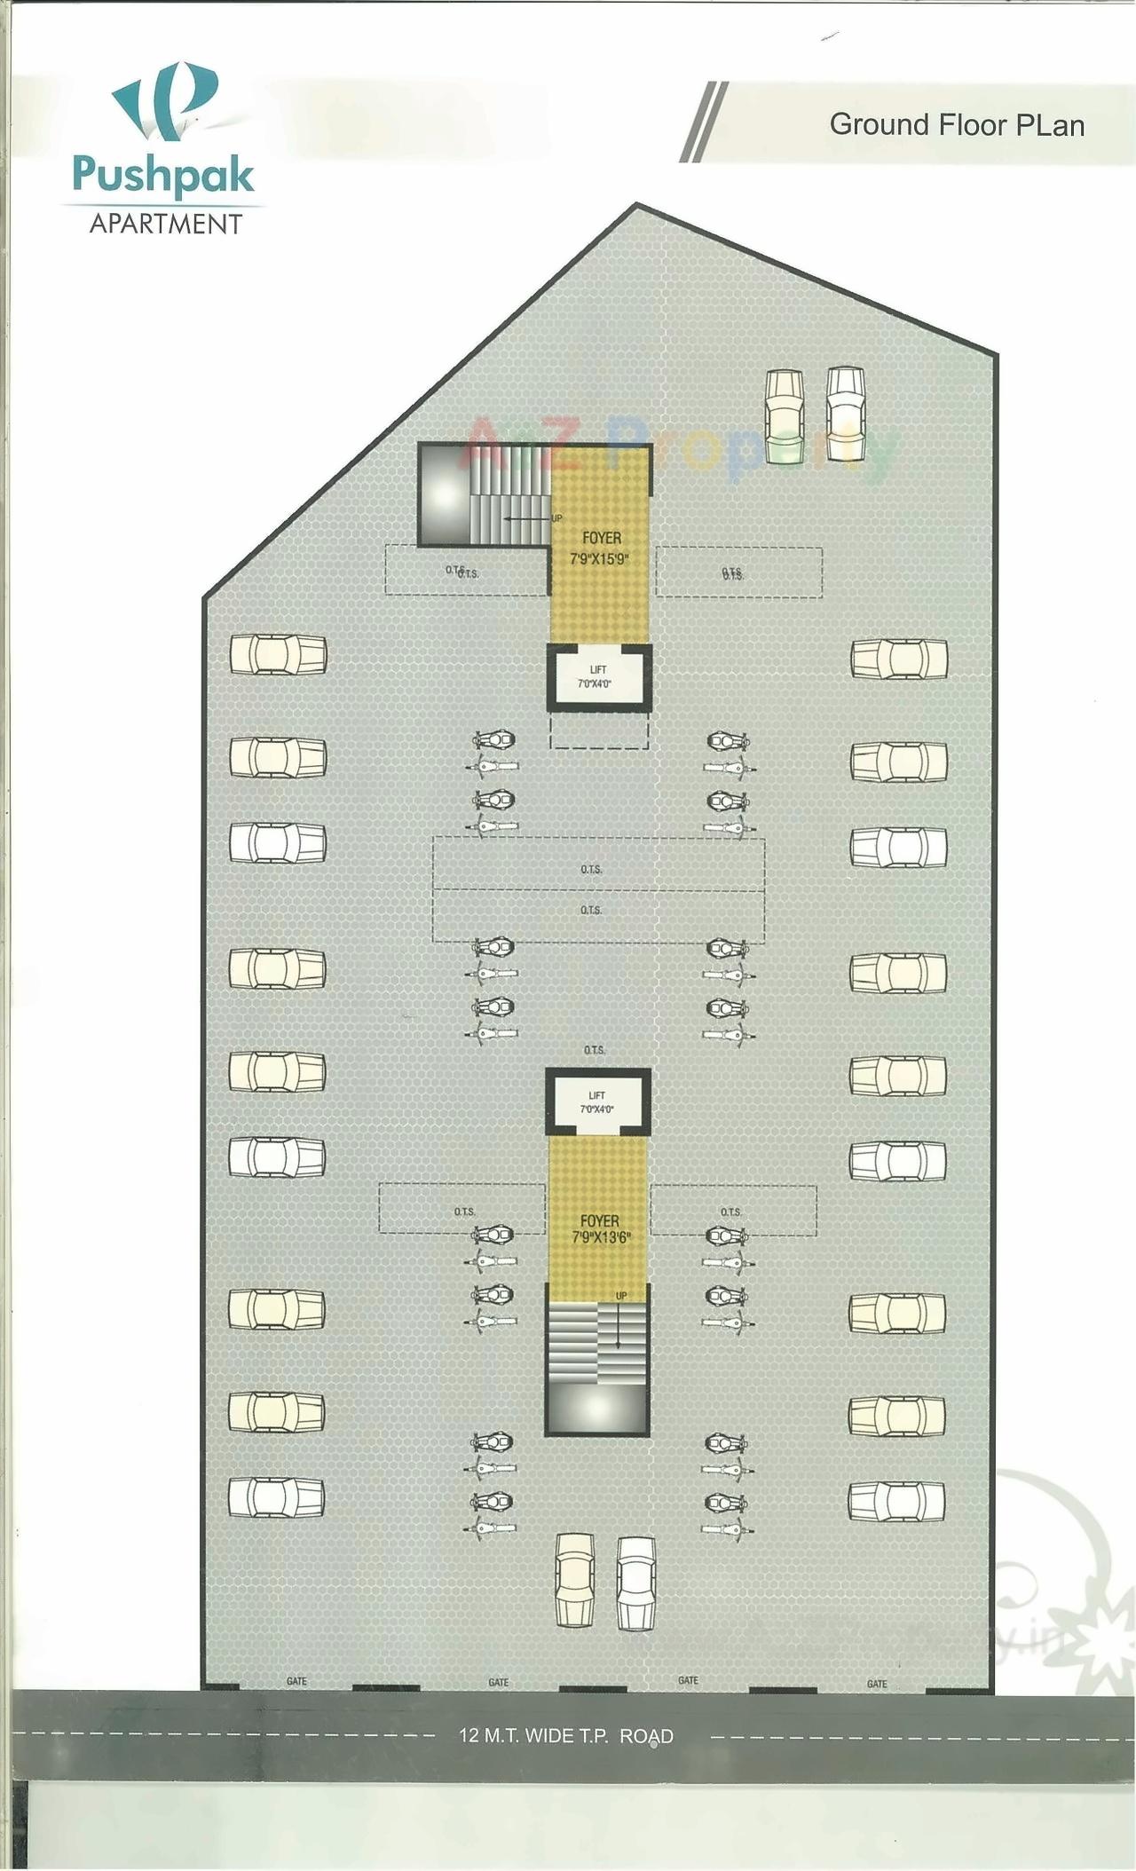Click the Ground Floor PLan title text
957,125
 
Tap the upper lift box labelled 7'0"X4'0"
597,677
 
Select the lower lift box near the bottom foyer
596,1101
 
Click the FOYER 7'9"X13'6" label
599,1229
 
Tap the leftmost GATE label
296,1681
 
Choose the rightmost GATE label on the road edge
877,1684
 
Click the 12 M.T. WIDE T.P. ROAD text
566,1736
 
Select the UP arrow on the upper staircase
528,517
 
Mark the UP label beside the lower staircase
621,1297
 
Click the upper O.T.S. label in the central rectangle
591,869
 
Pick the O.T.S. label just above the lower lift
595,1050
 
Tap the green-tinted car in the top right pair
785,414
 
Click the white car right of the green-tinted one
845,414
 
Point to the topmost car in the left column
278,656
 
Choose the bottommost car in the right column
896,1500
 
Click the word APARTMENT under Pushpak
166,223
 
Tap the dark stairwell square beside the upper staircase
443,493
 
